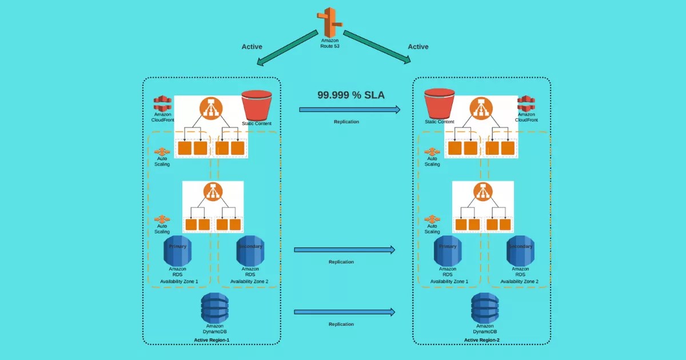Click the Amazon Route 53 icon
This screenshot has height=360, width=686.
tap(329, 22)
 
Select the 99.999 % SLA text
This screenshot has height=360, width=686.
tap(351, 95)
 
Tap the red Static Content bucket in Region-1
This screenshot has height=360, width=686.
tap(256, 105)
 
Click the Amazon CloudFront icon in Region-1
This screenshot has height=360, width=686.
tap(162, 103)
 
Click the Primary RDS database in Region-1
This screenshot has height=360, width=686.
tap(177, 250)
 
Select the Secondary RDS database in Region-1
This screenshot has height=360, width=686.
tap(250, 250)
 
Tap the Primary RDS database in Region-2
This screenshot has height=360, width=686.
tap(448, 250)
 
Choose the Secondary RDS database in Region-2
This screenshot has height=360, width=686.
tap(520, 250)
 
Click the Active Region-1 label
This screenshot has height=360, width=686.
tap(212, 340)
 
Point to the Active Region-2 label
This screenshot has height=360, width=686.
tap(482, 340)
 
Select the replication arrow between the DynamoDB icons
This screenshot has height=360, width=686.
tap(344, 312)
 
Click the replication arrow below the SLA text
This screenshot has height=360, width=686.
tap(349, 109)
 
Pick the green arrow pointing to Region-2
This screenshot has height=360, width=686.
tap(376, 47)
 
